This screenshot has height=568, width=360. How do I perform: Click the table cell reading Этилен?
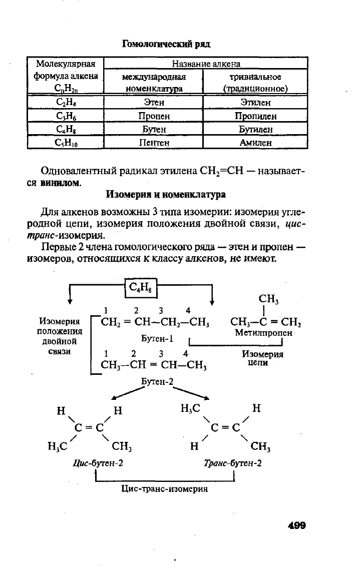255,103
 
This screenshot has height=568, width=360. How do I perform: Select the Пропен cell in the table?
154,116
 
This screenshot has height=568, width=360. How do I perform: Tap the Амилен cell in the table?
255,143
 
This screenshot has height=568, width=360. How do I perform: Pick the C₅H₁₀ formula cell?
66,143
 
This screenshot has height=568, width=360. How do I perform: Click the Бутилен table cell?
255,129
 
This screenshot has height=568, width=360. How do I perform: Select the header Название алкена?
206,64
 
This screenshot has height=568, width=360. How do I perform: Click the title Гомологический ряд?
166,44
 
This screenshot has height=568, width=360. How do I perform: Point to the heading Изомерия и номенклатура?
166,195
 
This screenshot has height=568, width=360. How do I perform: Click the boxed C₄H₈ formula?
141,287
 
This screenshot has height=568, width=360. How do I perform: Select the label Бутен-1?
157,338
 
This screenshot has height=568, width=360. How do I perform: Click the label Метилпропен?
263,332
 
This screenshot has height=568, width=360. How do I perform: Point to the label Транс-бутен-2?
233,463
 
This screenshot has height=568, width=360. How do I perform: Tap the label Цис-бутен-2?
98,463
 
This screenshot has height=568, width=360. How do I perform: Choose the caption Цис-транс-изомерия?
165,488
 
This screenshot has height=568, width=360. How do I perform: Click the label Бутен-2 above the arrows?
157,381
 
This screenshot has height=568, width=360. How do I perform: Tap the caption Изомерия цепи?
262,358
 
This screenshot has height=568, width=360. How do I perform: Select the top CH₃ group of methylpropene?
269,299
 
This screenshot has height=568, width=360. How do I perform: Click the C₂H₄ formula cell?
66,103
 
